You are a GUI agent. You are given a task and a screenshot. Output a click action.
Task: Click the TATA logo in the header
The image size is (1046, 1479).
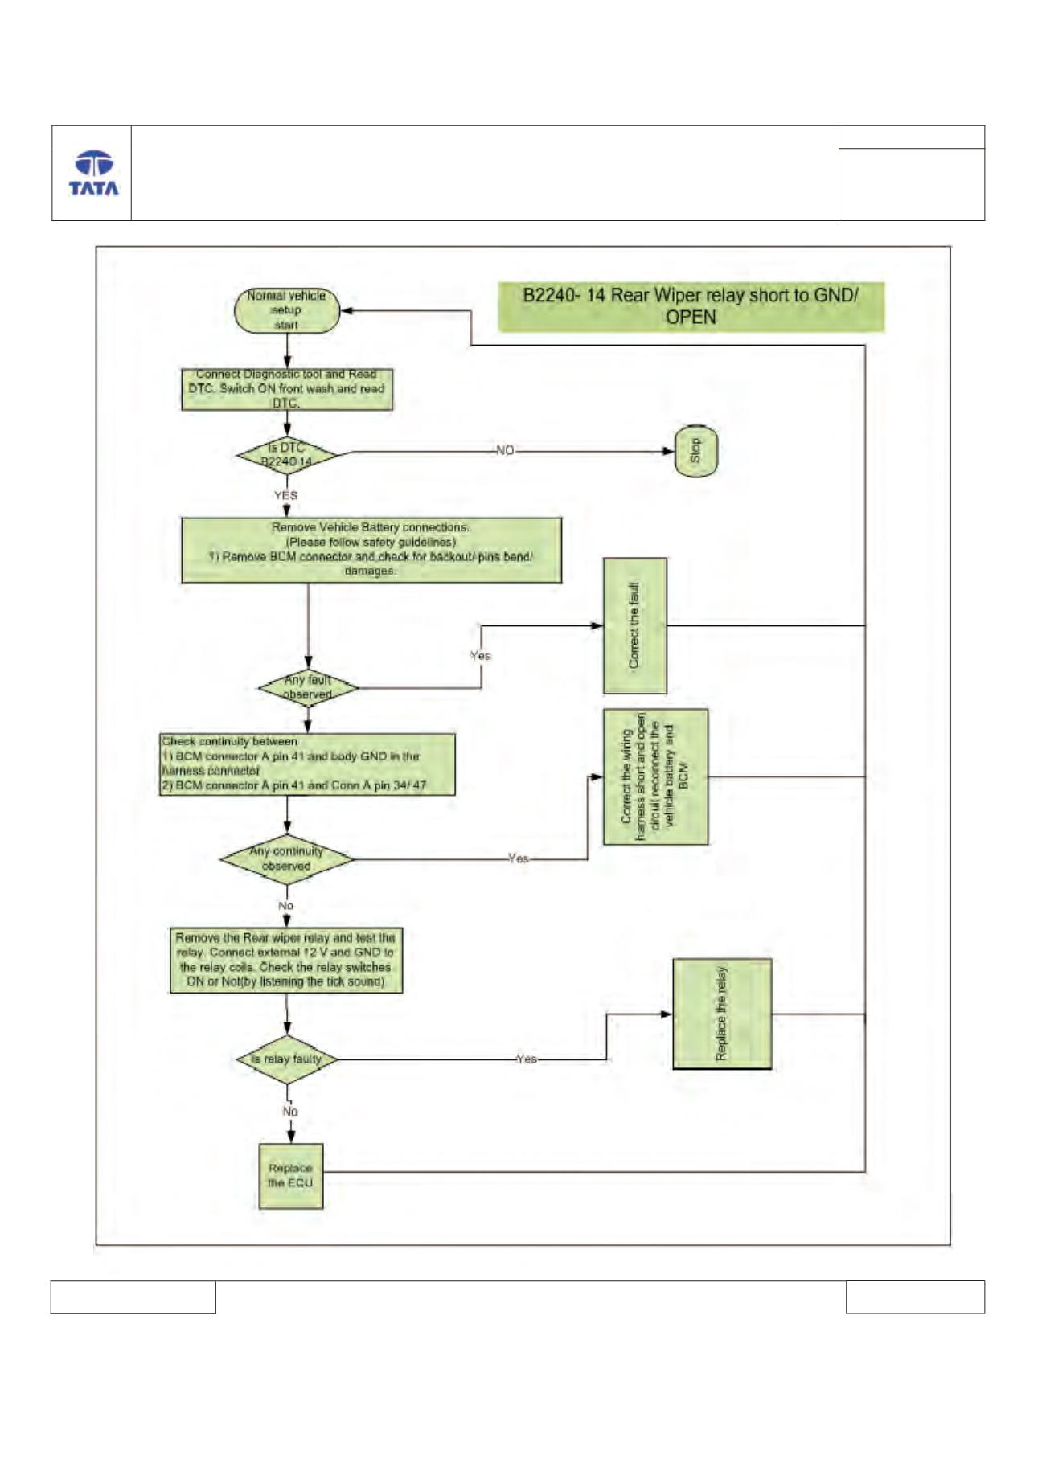pyautogui.click(x=93, y=173)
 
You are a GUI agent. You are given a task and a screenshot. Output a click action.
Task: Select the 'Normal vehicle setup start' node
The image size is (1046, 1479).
pyautogui.click(x=287, y=310)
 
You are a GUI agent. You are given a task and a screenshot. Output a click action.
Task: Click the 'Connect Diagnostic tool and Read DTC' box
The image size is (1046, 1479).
pyautogui.click(x=287, y=389)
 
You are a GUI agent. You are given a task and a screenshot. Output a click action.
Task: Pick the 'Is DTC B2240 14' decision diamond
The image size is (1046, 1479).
pyautogui.click(x=287, y=455)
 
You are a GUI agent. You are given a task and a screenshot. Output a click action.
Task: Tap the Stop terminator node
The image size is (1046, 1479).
pyautogui.click(x=695, y=451)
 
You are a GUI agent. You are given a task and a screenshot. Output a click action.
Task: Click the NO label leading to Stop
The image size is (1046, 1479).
pyautogui.click(x=505, y=450)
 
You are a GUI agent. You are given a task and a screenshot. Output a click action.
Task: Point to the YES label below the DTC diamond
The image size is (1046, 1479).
pyautogui.click(x=285, y=495)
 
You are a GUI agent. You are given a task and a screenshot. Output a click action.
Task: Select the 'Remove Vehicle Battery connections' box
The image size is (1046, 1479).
pyautogui.click(x=371, y=550)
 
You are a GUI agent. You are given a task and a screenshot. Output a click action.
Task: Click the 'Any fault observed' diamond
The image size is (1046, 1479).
pyautogui.click(x=309, y=687)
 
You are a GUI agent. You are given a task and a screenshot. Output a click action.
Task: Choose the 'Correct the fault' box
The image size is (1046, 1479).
pyautogui.click(x=635, y=625)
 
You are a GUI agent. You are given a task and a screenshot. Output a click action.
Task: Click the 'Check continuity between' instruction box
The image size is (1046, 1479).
pyautogui.click(x=307, y=764)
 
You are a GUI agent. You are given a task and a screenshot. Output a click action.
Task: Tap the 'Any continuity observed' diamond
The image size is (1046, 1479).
pyautogui.click(x=287, y=858)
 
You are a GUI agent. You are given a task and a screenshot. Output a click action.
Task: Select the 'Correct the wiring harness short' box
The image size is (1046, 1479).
pyautogui.click(x=656, y=776)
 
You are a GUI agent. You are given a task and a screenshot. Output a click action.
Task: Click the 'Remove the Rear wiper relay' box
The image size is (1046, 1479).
pyautogui.click(x=286, y=961)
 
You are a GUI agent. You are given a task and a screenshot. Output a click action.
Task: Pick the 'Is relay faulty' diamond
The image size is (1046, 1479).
pyautogui.click(x=287, y=1059)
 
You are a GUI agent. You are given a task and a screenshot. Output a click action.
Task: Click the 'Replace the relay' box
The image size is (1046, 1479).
pyautogui.click(x=722, y=1014)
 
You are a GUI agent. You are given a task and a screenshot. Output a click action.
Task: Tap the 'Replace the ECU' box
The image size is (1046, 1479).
pyautogui.click(x=291, y=1176)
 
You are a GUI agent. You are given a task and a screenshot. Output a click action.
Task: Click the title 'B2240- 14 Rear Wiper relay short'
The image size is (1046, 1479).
pyautogui.click(x=691, y=306)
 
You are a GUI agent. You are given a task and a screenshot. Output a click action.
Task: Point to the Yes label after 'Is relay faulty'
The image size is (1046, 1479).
pyautogui.click(x=527, y=1059)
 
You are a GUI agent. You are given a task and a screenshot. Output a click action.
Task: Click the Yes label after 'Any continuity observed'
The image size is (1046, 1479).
pyautogui.click(x=519, y=858)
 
